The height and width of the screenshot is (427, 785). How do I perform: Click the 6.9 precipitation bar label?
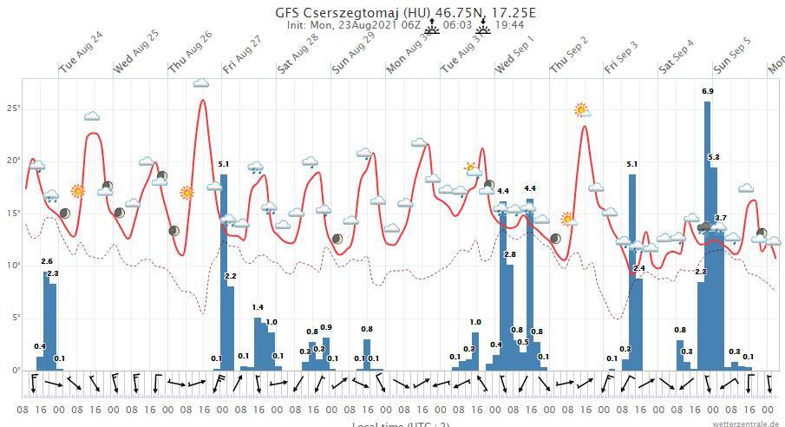click(708, 91)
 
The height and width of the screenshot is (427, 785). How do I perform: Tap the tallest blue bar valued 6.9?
click(708, 234)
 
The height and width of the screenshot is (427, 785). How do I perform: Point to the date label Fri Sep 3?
click(622, 56)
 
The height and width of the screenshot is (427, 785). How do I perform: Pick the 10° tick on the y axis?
click(13, 266)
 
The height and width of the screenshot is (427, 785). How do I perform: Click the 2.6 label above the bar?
click(47, 261)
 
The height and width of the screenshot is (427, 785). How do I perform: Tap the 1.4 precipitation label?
click(258, 307)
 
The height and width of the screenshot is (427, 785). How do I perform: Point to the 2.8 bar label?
click(510, 254)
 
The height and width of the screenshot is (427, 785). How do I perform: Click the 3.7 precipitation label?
click(721, 218)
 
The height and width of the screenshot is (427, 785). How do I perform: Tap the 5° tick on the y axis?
click(15, 318)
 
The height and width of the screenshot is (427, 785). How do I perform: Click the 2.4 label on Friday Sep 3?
click(639, 269)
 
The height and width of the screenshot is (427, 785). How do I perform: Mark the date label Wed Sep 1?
click(514, 53)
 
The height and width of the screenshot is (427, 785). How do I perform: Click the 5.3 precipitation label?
click(714, 157)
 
